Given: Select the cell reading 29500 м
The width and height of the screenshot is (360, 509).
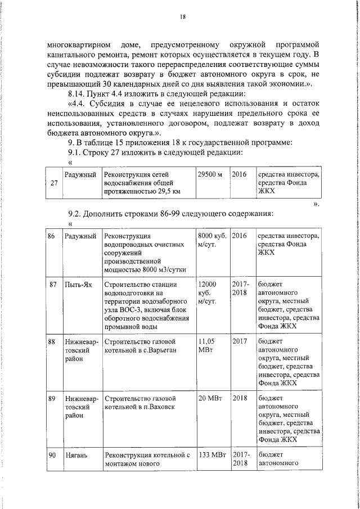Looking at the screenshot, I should [209, 175].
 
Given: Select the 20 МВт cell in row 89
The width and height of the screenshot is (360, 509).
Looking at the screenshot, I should [210, 398].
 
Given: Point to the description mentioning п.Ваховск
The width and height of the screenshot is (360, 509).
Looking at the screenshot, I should [145, 402].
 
